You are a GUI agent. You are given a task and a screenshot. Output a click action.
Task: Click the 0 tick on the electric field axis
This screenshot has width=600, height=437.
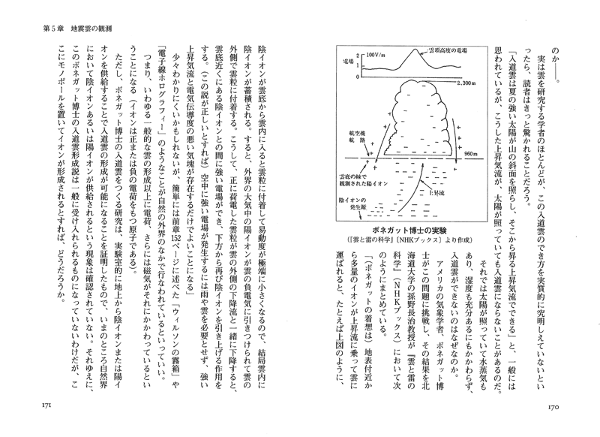(x=359, y=74)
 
